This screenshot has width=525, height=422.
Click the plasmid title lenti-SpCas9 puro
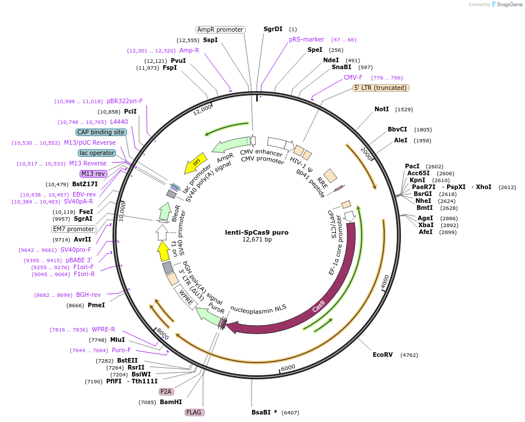coord(257,232)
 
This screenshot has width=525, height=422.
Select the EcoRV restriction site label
coord(382,355)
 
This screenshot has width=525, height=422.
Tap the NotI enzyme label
coord(382,109)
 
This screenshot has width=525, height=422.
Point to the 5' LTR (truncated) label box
coord(381,88)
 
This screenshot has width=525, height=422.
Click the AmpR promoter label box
coord(220,29)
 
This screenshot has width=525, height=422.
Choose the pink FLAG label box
coord(194,412)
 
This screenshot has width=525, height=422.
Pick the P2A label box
coord(166,391)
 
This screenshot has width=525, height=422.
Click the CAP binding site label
coord(101,132)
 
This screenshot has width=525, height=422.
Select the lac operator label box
coord(97,153)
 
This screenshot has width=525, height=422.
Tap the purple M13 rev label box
coord(93,174)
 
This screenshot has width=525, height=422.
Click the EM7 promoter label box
coord(74,229)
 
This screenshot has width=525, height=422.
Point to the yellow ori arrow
coord(196,163)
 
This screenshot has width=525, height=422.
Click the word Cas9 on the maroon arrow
coord(318,307)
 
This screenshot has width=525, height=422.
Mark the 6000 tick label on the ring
coord(288,367)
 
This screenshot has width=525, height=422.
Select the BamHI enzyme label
coord(171,402)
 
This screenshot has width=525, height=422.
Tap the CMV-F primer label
coord(353,77)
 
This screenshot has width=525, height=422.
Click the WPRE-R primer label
coord(103,329)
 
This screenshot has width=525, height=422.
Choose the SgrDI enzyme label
coord(273,29)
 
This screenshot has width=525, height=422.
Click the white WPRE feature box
coord(186,297)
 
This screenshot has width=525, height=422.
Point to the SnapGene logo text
coord(509,5)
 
